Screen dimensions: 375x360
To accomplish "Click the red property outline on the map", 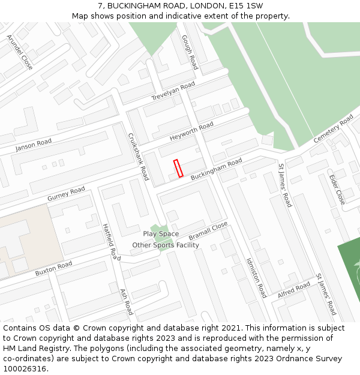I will [x=178, y=169].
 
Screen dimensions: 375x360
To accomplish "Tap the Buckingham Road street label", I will [x=217, y=170].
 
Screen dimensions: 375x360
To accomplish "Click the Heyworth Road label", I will [x=191, y=131].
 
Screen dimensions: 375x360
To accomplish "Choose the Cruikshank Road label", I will [x=138, y=157].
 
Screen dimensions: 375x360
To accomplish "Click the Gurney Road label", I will [x=66, y=194].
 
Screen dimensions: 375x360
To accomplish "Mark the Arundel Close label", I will [x=20, y=52].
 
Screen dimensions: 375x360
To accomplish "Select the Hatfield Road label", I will [x=111, y=241].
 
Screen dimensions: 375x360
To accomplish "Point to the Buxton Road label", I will [x=53, y=268].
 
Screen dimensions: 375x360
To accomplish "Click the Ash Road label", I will [x=126, y=301].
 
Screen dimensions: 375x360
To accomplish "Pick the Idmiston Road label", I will [x=256, y=278].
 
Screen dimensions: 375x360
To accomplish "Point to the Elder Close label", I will [x=337, y=188].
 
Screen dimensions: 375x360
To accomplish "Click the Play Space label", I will [x=161, y=234].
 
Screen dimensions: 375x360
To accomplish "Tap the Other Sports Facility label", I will [x=166, y=245].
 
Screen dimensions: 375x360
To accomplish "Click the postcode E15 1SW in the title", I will [x=245, y=5].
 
